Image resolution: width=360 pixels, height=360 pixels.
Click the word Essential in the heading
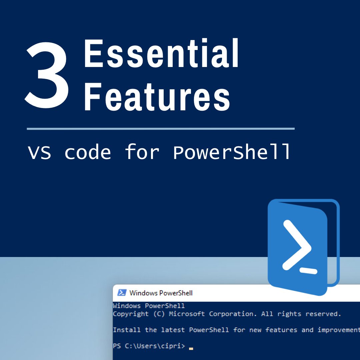[161, 53]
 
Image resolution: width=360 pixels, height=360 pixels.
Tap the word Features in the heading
[157, 95]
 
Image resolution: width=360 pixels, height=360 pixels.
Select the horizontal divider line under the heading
[160, 128]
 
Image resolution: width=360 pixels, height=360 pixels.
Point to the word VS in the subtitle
[39, 153]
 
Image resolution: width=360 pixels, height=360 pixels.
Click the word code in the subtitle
[87, 153]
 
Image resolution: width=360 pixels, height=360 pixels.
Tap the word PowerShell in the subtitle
[232, 153]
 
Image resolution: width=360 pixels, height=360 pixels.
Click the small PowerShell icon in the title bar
[122, 293]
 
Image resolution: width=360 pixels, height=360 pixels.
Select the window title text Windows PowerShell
[161, 293]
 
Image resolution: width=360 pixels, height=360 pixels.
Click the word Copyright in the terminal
[131, 314]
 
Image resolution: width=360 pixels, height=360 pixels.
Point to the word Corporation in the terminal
[231, 314]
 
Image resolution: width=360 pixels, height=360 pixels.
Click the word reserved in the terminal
[323, 314]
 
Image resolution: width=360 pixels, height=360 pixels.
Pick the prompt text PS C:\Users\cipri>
[149, 346]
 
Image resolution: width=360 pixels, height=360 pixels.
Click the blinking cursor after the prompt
[191, 348]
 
